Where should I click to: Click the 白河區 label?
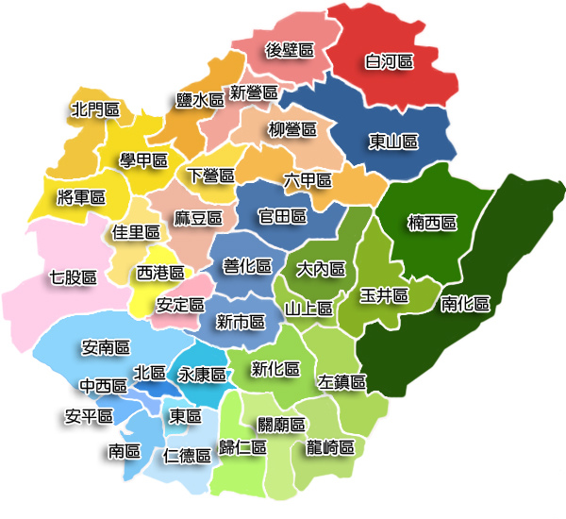390,62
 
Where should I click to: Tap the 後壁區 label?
289,50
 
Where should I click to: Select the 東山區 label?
392,142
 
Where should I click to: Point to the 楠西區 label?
432,224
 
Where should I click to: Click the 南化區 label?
465,304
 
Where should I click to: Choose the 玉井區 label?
384,295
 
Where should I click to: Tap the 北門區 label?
95,110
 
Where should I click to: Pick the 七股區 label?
73,277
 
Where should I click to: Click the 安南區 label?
106,348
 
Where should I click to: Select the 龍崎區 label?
330,447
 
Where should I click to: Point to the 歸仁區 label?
241,447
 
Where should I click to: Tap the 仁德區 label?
186,456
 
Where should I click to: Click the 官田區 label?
283,217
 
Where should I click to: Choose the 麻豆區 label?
198,218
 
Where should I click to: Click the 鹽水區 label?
200,98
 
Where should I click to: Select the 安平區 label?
89,415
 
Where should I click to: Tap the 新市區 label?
240,322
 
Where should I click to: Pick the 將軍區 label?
81,196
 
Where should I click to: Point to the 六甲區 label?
308,179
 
